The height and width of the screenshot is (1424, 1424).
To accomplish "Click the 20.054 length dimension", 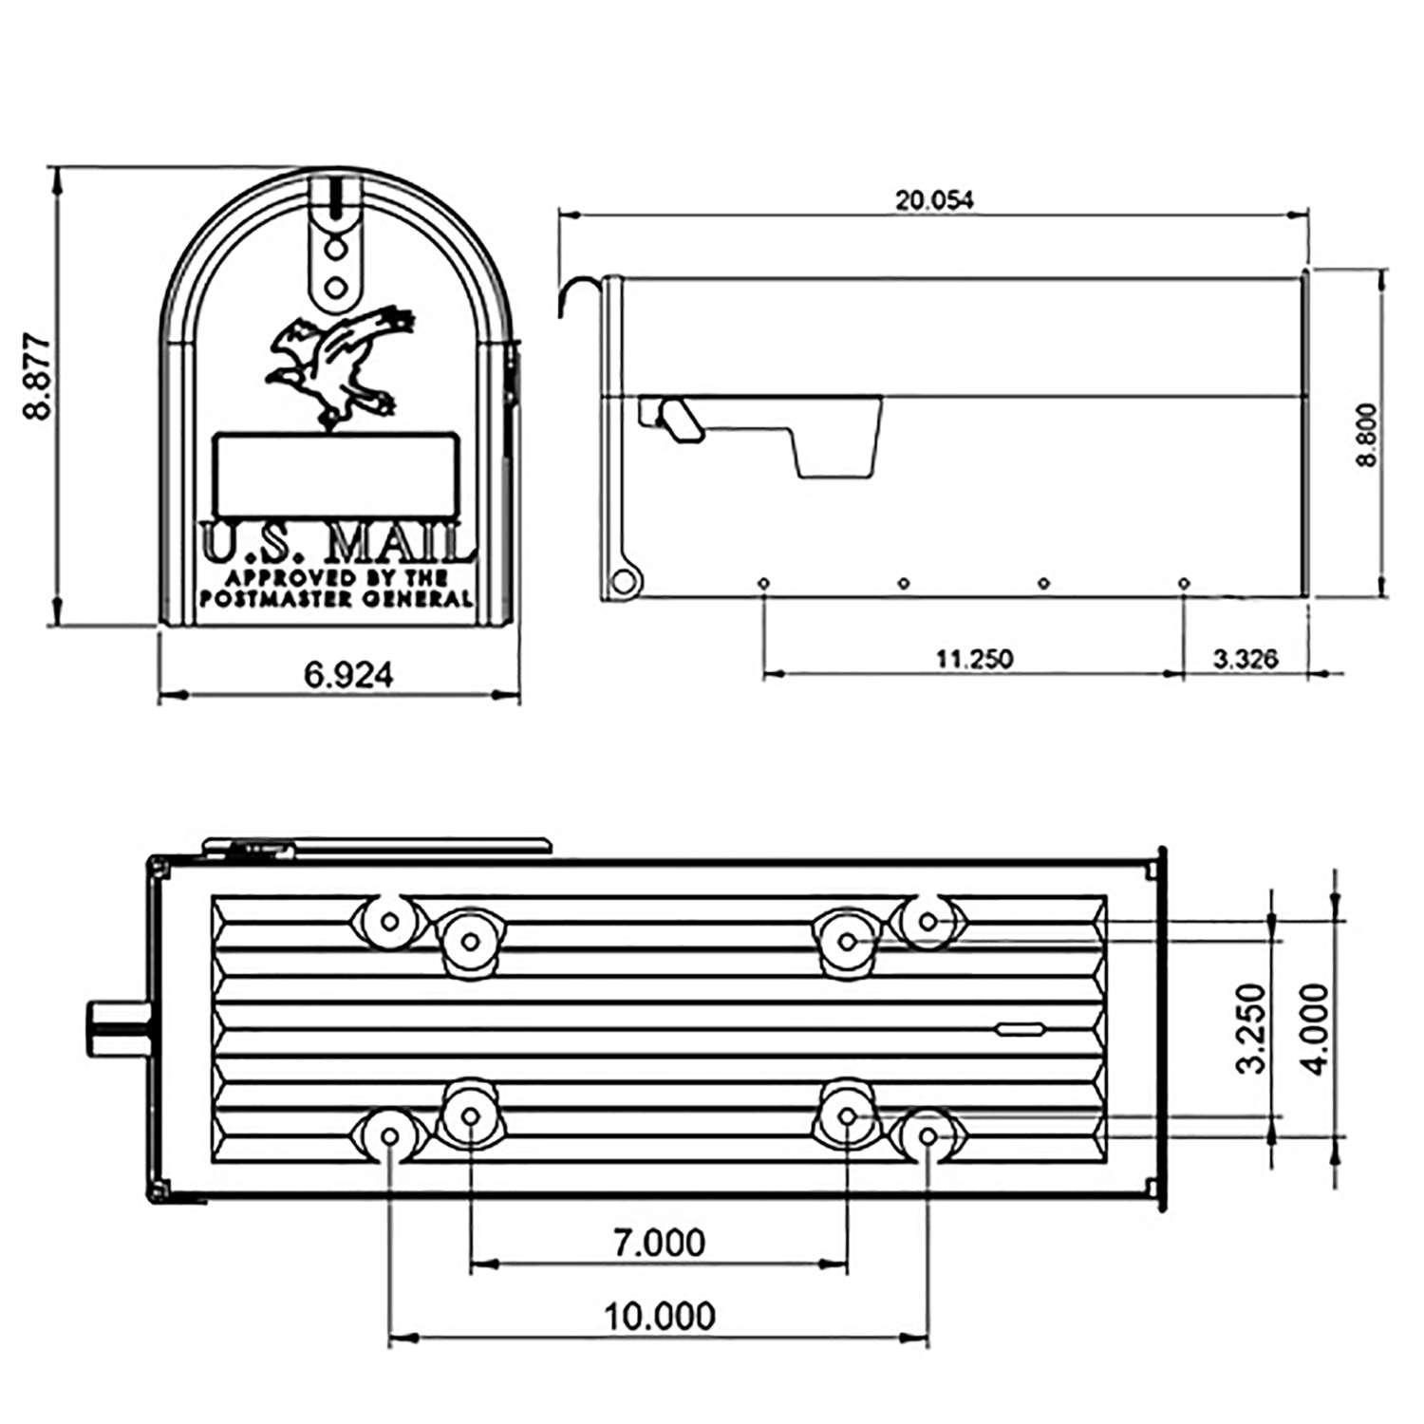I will pyautogui.click(x=934, y=200).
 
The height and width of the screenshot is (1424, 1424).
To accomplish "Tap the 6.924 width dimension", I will pyautogui.click(x=347, y=675).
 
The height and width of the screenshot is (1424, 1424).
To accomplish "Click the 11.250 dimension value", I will pyautogui.click(x=974, y=658).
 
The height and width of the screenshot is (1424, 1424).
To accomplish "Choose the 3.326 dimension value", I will pyautogui.click(x=1245, y=658).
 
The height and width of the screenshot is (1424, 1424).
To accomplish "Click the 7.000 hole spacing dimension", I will pyautogui.click(x=659, y=1243).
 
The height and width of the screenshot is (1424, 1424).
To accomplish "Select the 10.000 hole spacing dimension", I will pyautogui.click(x=659, y=1317).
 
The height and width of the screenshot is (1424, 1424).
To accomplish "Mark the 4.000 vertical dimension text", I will pyautogui.click(x=1318, y=1028).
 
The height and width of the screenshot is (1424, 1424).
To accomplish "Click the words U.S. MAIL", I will pyautogui.click(x=338, y=544).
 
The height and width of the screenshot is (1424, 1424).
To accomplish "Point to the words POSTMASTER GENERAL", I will pyautogui.click(x=335, y=599).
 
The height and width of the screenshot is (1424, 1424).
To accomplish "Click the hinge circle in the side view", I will pyautogui.click(x=622, y=581).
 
